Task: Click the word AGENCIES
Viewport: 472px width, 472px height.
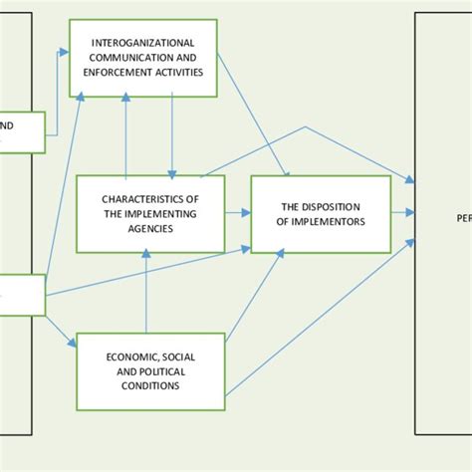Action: [150, 228]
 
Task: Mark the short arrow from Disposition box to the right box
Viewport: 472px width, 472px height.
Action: [402, 212]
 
